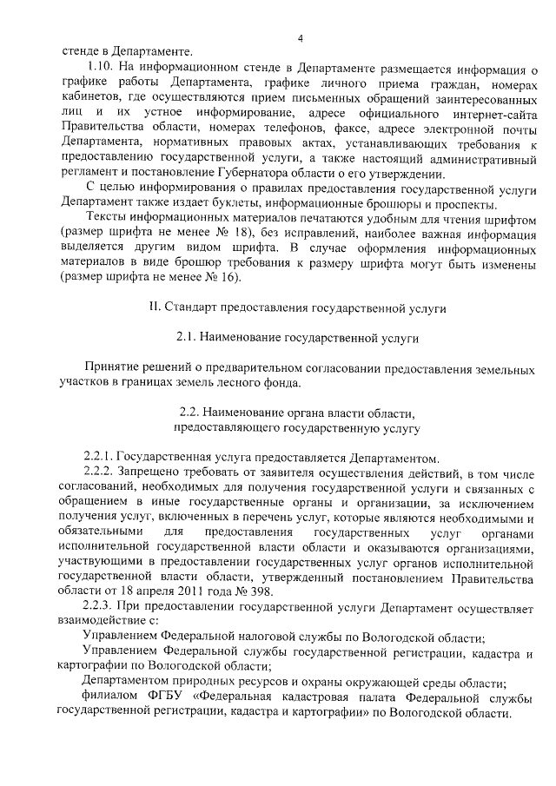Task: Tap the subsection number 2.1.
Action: [188, 334]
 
